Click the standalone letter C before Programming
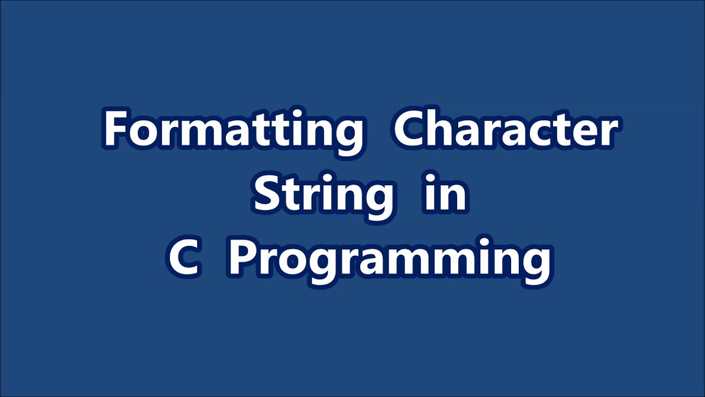(x=183, y=258)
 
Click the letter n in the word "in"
(x=454, y=196)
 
